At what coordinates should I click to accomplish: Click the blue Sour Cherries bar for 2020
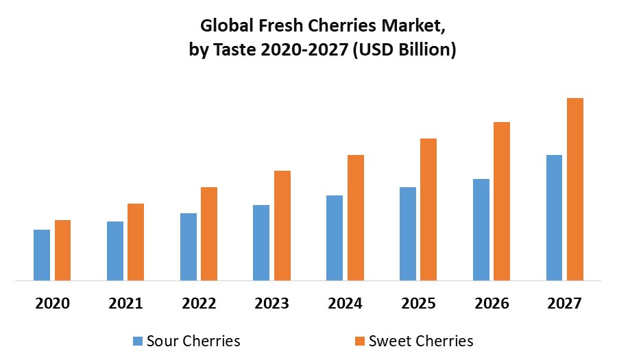[42, 255]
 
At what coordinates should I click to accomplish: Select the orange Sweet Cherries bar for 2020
[62, 250]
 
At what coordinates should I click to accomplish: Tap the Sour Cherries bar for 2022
[189, 247]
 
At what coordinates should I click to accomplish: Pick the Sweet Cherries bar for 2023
[282, 226]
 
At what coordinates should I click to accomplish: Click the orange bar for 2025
[428, 209]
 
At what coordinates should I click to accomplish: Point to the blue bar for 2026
[481, 230]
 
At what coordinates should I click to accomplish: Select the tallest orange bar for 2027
[575, 189]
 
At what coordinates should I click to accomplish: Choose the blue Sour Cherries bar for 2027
[554, 217]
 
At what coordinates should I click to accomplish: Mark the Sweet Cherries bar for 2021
[136, 242]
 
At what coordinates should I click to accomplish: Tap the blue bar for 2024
[335, 238]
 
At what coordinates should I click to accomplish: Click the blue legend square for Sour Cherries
[137, 341]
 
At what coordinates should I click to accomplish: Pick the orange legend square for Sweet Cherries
[359, 341]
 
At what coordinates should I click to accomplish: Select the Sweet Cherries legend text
[421, 341]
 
